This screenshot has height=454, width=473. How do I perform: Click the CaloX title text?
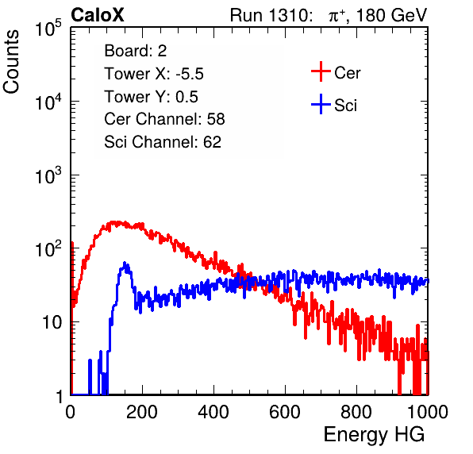click(x=98, y=14)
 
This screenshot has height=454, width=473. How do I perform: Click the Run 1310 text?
click(x=271, y=15)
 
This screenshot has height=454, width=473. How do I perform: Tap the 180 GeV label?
click(x=391, y=15)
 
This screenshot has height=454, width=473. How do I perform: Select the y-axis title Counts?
click(x=11, y=62)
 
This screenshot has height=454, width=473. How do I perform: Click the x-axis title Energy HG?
click(x=374, y=435)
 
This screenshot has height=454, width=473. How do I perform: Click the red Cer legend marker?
click(x=321, y=71)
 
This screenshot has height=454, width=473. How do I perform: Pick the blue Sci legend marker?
click(x=321, y=104)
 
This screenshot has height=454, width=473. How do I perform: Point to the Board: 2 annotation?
click(x=136, y=50)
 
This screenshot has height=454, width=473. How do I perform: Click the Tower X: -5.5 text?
click(x=154, y=74)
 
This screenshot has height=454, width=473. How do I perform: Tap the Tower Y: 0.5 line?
click(x=151, y=97)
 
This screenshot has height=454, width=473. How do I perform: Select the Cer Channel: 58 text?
click(x=164, y=119)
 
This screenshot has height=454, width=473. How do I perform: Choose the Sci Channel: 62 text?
click(x=163, y=142)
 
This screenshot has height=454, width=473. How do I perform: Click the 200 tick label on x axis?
click(x=142, y=412)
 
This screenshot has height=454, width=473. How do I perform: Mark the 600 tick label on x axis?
click(x=285, y=412)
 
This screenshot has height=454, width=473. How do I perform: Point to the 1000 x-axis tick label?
click(x=428, y=412)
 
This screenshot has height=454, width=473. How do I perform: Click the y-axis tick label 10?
click(x=52, y=322)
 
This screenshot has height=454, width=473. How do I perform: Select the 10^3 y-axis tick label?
click(x=48, y=175)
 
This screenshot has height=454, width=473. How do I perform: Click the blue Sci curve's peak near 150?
click(x=125, y=263)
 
